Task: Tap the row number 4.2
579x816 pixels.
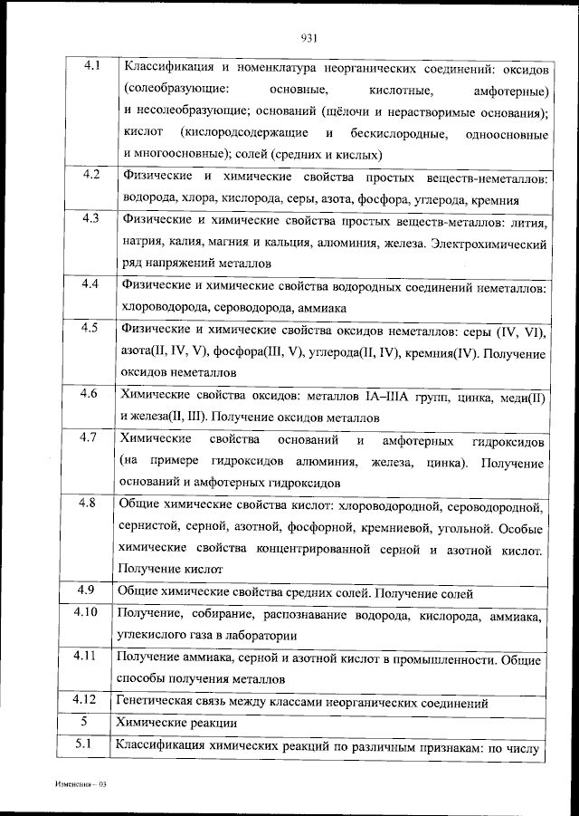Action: pyautogui.click(x=90, y=175)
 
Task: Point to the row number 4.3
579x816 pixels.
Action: pyautogui.click(x=90, y=219)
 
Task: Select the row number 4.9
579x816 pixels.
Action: pyautogui.click(x=87, y=590)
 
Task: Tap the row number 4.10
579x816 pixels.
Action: pyautogui.click(x=86, y=612)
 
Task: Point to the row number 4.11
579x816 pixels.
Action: pyautogui.click(x=86, y=656)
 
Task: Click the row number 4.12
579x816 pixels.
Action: pyautogui.click(x=86, y=700)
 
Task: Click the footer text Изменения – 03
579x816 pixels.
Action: pyautogui.click(x=80, y=782)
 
